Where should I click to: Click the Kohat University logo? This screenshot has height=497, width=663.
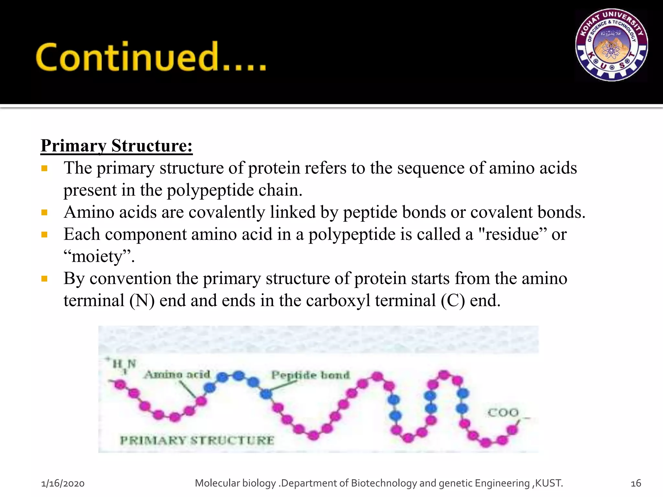tap(611, 45)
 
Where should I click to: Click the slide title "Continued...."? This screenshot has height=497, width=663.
tap(151, 57)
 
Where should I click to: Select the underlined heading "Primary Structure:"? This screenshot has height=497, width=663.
tap(117, 146)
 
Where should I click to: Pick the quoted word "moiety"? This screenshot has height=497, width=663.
tap(97, 257)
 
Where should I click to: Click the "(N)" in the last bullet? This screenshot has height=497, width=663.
tap(142, 301)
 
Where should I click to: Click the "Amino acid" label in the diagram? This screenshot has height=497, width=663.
tap(177, 375)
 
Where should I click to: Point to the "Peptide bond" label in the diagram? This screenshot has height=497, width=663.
tap(310, 375)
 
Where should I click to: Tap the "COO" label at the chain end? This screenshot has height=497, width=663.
tap(503, 413)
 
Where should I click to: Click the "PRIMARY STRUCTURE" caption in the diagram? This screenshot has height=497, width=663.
tap(197, 440)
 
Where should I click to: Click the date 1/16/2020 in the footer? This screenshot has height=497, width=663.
tap(63, 483)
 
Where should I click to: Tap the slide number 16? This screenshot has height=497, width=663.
tap(636, 483)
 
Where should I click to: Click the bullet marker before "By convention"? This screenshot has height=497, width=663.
tap(45, 279)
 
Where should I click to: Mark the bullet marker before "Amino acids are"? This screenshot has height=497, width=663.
tap(45, 213)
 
